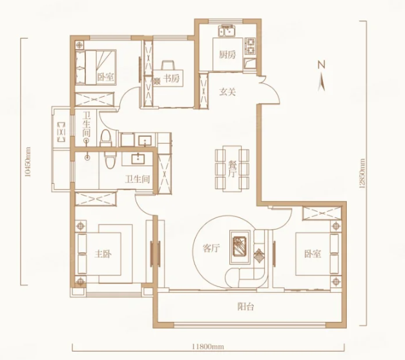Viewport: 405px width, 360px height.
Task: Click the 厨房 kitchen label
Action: coord(227,54)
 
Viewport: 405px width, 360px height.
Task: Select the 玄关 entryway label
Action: coord(227,92)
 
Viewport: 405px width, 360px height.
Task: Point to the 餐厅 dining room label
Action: coord(232,169)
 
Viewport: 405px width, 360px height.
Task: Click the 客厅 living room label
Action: coord(211,248)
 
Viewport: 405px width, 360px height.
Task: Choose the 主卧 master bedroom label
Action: coord(103,254)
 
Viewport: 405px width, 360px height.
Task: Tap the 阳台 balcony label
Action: coord(245,306)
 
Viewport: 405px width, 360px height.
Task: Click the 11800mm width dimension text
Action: coord(208,346)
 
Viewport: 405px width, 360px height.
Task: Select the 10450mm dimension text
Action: coord(28,162)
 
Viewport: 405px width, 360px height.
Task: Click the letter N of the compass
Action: coord(321,65)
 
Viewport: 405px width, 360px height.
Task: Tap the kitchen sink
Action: coord(227,31)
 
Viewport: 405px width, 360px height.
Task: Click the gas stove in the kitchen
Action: coord(250,46)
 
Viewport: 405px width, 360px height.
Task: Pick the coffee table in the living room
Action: coord(240,247)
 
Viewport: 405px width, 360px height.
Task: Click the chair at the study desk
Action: coord(168,65)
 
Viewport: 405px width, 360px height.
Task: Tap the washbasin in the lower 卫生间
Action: coord(140,159)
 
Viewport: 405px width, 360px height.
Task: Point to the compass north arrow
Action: coord(321,81)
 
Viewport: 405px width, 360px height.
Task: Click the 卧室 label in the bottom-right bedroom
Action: coord(313,254)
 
